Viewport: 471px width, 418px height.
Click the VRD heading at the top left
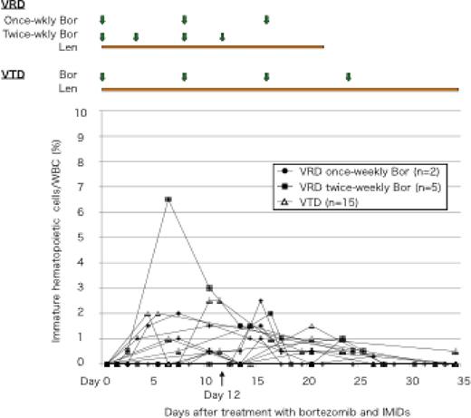pyautogui.click(x=13, y=5)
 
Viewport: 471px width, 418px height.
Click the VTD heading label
pyautogui.click(x=13, y=77)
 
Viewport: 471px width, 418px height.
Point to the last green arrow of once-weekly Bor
pyautogui.click(x=266, y=19)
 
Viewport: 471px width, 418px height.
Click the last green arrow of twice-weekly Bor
pyautogui.click(x=222, y=36)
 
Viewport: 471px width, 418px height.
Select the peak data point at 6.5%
pyautogui.click(x=168, y=199)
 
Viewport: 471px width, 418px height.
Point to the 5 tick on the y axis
pyautogui.click(x=89, y=238)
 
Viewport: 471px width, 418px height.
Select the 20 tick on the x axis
pyautogui.click(x=309, y=381)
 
